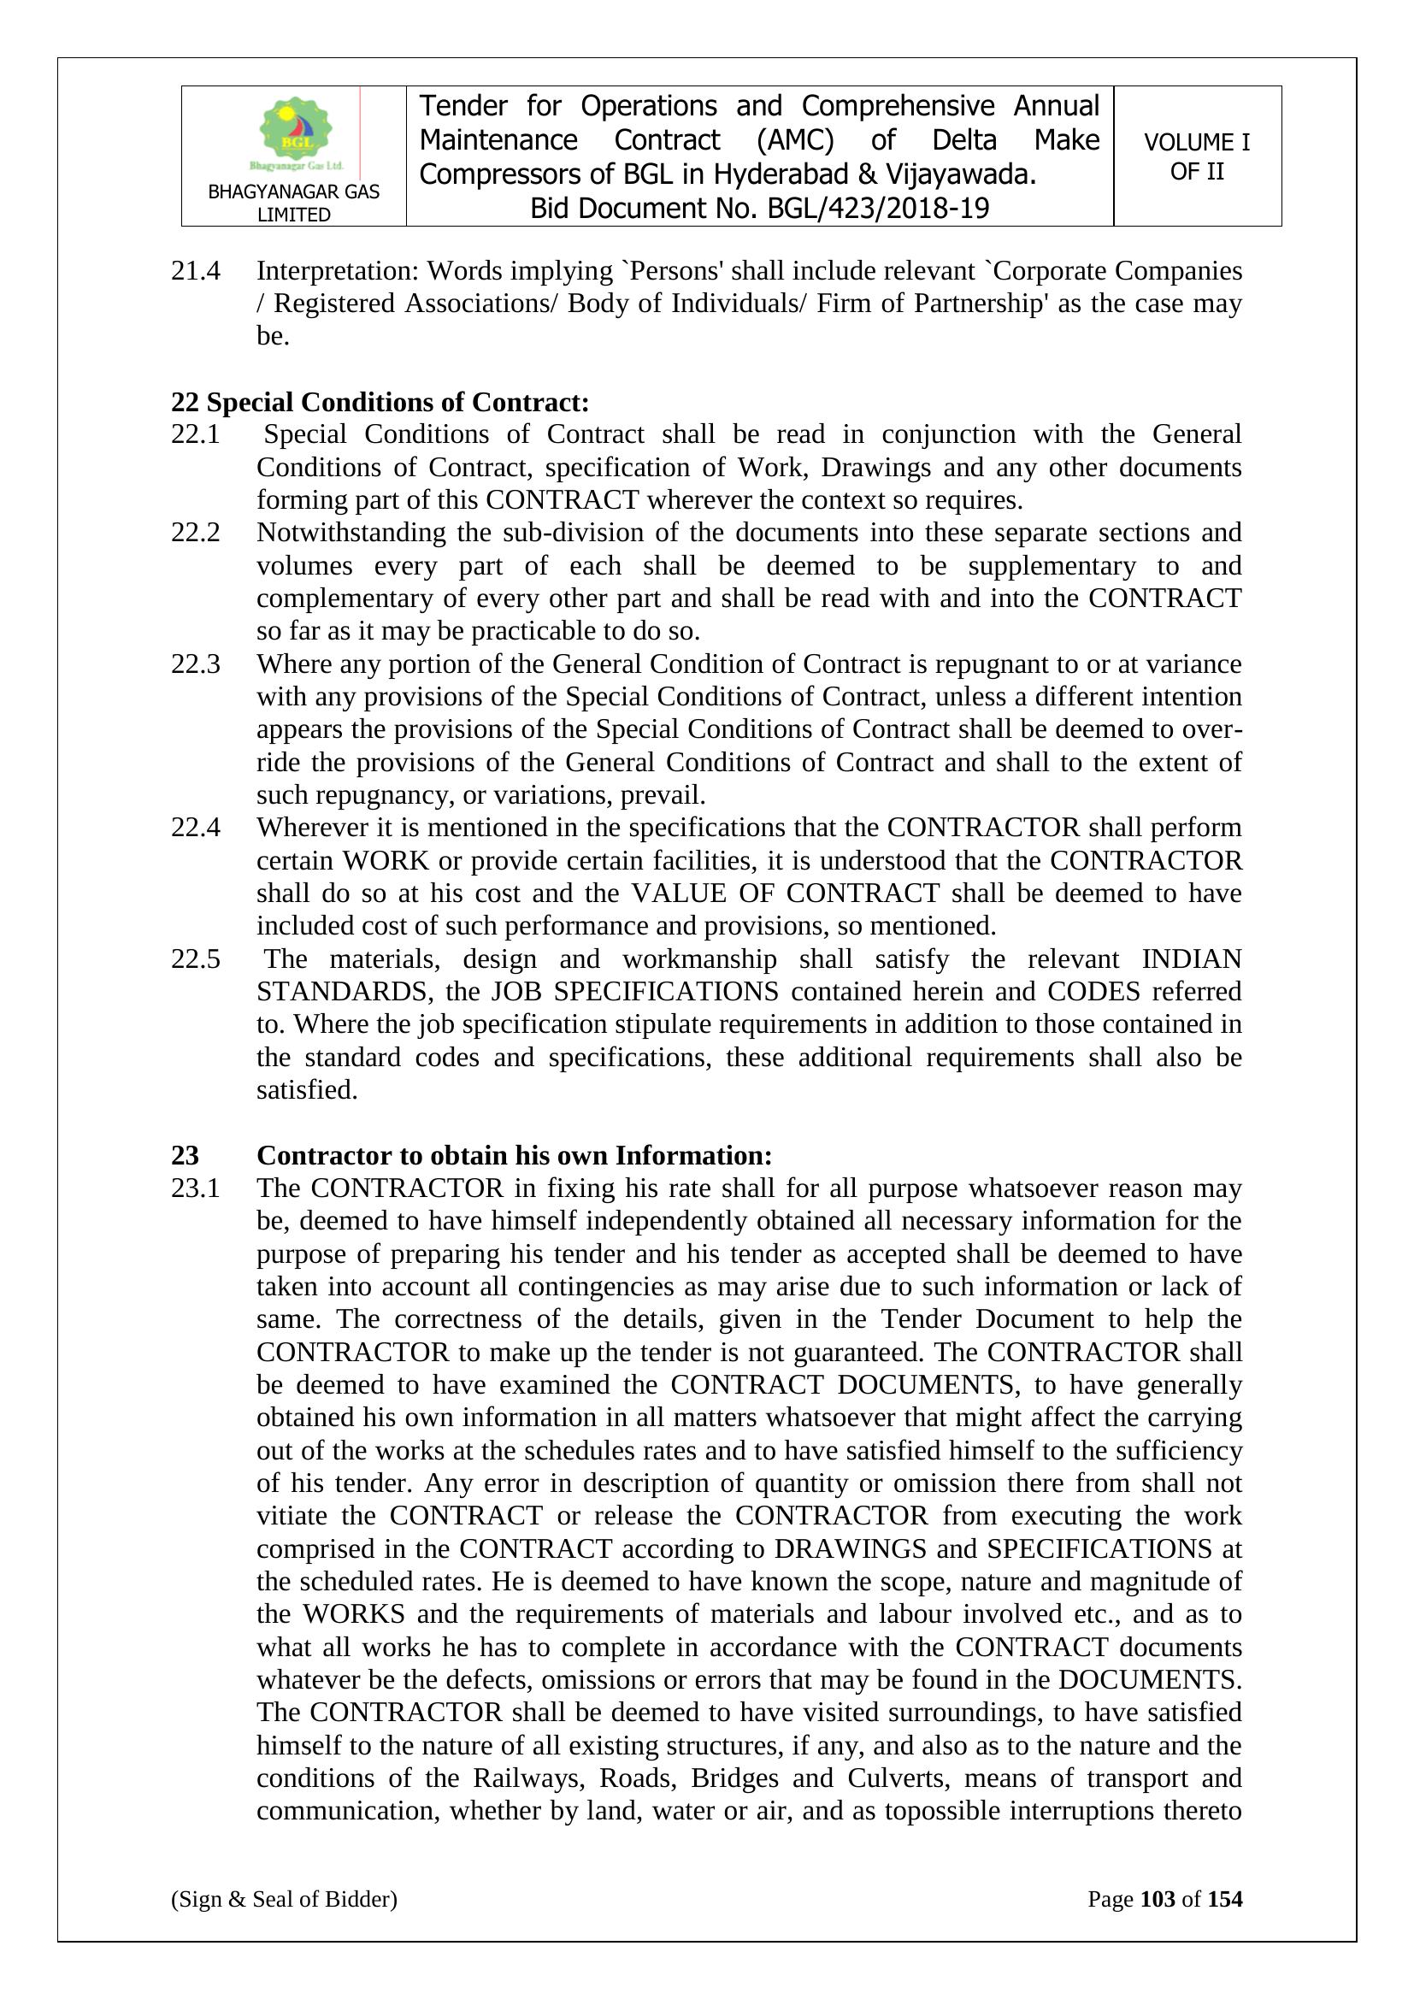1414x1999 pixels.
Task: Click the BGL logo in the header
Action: point(296,133)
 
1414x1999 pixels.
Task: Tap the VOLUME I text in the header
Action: point(1196,142)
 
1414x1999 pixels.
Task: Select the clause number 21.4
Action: point(196,271)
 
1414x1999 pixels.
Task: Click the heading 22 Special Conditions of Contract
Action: point(380,402)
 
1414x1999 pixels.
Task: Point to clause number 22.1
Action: point(196,434)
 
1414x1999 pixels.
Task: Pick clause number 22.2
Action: point(196,533)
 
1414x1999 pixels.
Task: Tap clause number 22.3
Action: point(196,664)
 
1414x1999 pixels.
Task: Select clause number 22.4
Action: point(196,827)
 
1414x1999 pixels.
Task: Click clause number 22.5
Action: point(196,958)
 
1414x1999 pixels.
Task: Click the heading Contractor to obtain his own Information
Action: point(514,1155)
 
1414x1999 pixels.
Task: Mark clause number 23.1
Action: point(196,1188)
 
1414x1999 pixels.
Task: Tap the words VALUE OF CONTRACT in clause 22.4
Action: point(785,893)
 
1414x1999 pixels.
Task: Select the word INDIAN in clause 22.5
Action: point(1191,958)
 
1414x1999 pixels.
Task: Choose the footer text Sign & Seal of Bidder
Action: point(284,1899)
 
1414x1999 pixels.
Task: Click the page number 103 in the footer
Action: point(1158,1899)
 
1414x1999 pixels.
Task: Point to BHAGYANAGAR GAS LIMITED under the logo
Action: point(293,203)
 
